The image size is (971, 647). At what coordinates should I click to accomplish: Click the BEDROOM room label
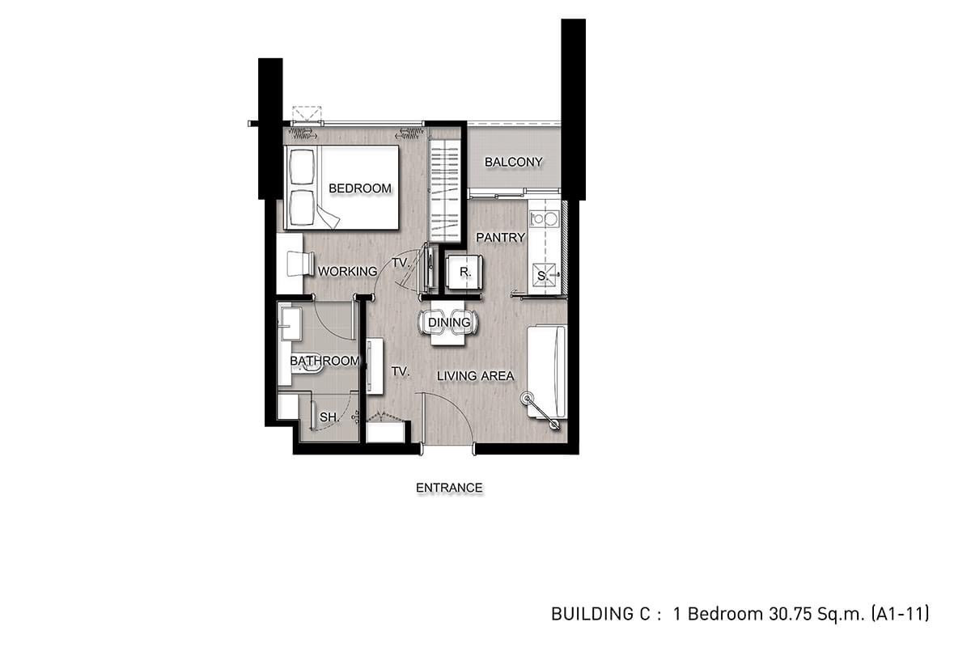click(x=360, y=188)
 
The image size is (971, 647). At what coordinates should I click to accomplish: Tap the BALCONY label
click(x=513, y=162)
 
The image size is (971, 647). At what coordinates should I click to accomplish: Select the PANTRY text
click(x=500, y=238)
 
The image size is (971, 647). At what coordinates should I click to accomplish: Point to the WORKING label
click(x=347, y=271)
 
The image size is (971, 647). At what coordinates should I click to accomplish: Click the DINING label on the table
click(x=449, y=323)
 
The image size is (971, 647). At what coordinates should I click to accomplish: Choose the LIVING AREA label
click(x=476, y=376)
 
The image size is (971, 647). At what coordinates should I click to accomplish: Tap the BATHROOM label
click(x=324, y=361)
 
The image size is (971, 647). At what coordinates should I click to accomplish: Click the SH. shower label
click(x=329, y=417)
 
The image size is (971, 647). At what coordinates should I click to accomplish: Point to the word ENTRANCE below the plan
click(x=449, y=488)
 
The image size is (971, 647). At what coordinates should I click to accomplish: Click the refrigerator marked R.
click(x=464, y=273)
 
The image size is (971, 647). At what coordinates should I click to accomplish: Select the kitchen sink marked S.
click(x=544, y=275)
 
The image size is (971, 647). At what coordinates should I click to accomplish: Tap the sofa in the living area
click(x=547, y=372)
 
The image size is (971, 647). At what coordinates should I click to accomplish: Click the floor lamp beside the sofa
click(x=541, y=412)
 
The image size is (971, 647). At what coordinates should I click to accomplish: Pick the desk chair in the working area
click(x=301, y=263)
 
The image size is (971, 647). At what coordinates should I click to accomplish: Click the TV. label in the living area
click(x=400, y=371)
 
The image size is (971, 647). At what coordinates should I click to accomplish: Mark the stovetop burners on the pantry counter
click(x=544, y=219)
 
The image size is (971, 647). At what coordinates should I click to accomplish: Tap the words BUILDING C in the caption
click(x=600, y=614)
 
